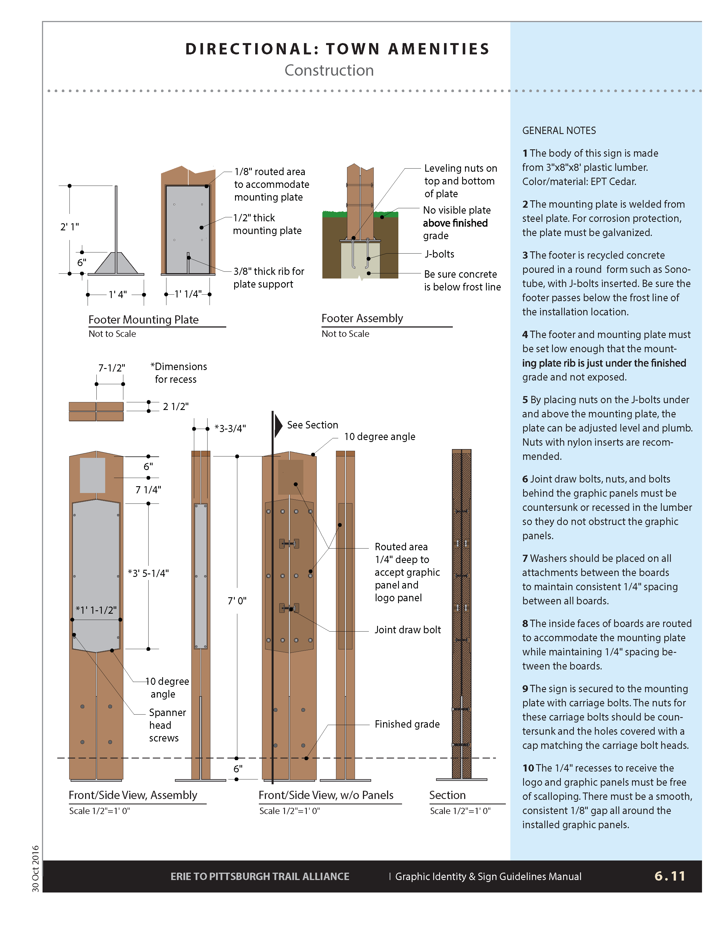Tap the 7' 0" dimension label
click(237, 601)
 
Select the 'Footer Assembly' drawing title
click(362, 318)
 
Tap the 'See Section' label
click(312, 425)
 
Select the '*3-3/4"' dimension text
click(230, 428)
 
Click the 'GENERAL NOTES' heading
click(559, 131)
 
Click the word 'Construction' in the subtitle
click(329, 70)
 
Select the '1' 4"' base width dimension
click(117, 295)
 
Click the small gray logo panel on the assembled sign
click(92, 475)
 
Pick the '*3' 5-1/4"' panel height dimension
click(148, 573)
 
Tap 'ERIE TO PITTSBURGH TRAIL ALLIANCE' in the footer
click(259, 876)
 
